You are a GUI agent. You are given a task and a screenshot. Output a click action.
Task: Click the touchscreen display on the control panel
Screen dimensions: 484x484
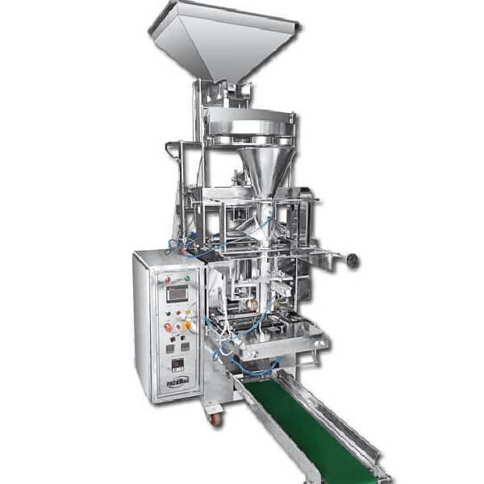(177, 294)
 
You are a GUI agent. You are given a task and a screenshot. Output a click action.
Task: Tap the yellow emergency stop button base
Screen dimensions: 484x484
(187, 326)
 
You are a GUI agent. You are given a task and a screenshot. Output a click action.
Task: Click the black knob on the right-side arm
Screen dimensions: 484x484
(353, 260)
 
